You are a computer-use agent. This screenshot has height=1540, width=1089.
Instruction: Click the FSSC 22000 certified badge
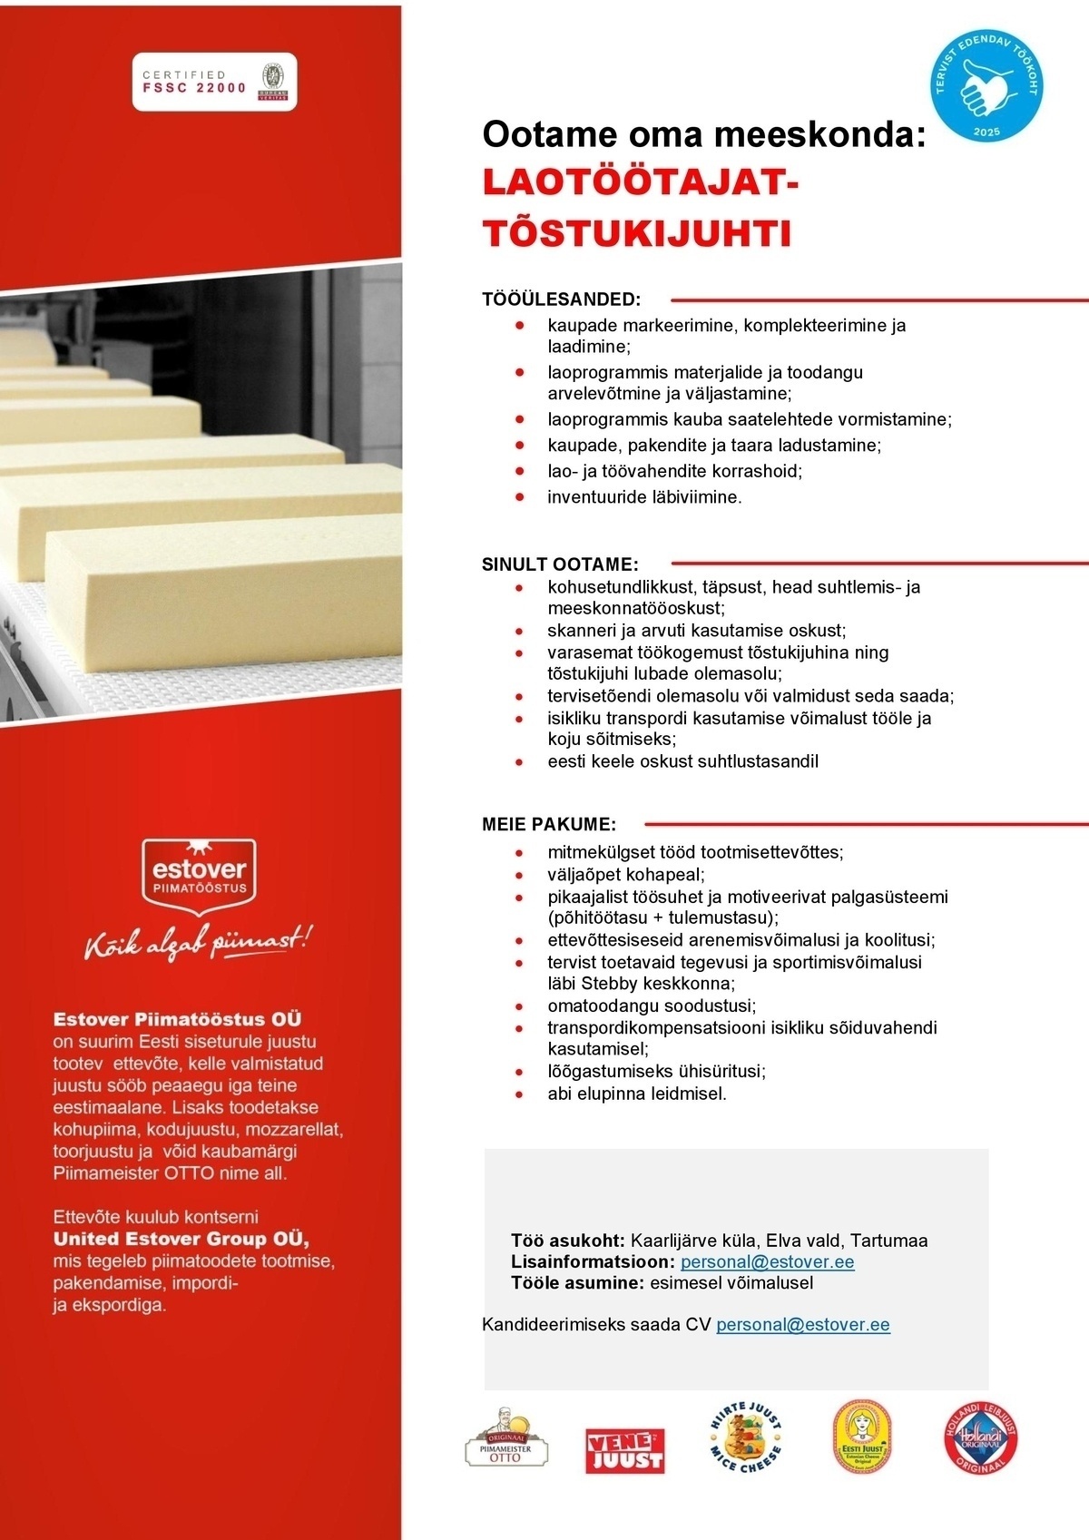pos(214,82)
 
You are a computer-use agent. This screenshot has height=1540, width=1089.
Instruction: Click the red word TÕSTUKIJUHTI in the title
pos(637,233)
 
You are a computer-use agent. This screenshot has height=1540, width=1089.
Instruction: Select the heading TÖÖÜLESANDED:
pos(561,299)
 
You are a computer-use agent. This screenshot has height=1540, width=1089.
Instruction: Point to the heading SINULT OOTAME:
pos(560,564)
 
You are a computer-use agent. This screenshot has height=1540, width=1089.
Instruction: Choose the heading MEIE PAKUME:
pos(549,825)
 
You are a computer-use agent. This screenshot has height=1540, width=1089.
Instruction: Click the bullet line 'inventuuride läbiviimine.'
pos(644,497)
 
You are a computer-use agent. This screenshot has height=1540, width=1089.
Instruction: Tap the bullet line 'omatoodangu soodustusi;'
pos(652,1005)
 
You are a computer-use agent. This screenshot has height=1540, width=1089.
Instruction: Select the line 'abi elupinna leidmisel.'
pos(637,1094)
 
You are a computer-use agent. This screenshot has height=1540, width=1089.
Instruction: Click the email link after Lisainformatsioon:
pos(767,1262)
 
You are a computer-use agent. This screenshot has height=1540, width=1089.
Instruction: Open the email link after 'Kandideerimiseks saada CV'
pos(803,1325)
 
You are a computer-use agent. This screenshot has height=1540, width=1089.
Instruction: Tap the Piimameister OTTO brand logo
pos(506,1439)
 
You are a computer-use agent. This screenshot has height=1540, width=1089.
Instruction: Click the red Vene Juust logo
pos(624,1449)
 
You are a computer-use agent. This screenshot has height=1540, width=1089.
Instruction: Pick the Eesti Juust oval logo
pos(863,1437)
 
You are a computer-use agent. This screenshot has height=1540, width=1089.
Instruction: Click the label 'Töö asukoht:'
pos(568,1241)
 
